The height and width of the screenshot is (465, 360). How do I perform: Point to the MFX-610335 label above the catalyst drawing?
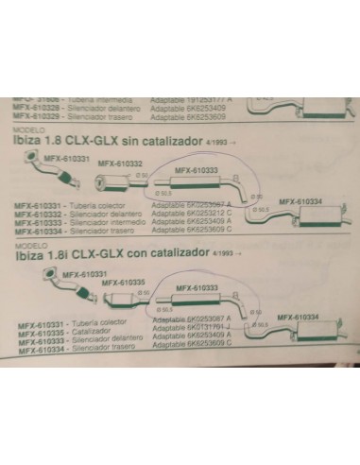123,282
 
